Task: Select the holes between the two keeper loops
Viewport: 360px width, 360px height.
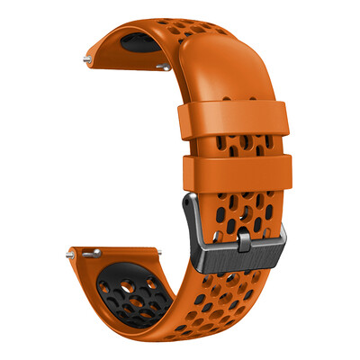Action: pyautogui.click(x=236, y=145)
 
